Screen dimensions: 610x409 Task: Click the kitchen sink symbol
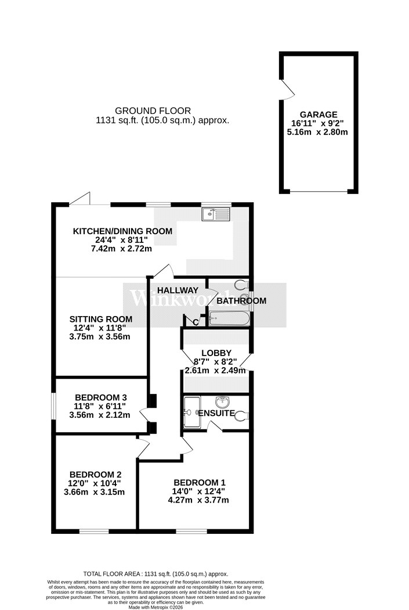point(216,215)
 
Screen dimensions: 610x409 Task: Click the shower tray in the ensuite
point(191,412)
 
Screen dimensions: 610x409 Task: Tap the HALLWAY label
point(178,290)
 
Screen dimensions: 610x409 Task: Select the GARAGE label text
point(318,114)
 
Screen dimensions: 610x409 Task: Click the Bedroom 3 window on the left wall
point(53,406)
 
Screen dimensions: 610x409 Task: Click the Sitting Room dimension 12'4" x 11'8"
point(100,328)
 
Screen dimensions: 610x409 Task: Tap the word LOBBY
point(216,353)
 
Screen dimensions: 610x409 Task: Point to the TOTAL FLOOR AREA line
point(155,573)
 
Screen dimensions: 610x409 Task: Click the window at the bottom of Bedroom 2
point(94,531)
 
